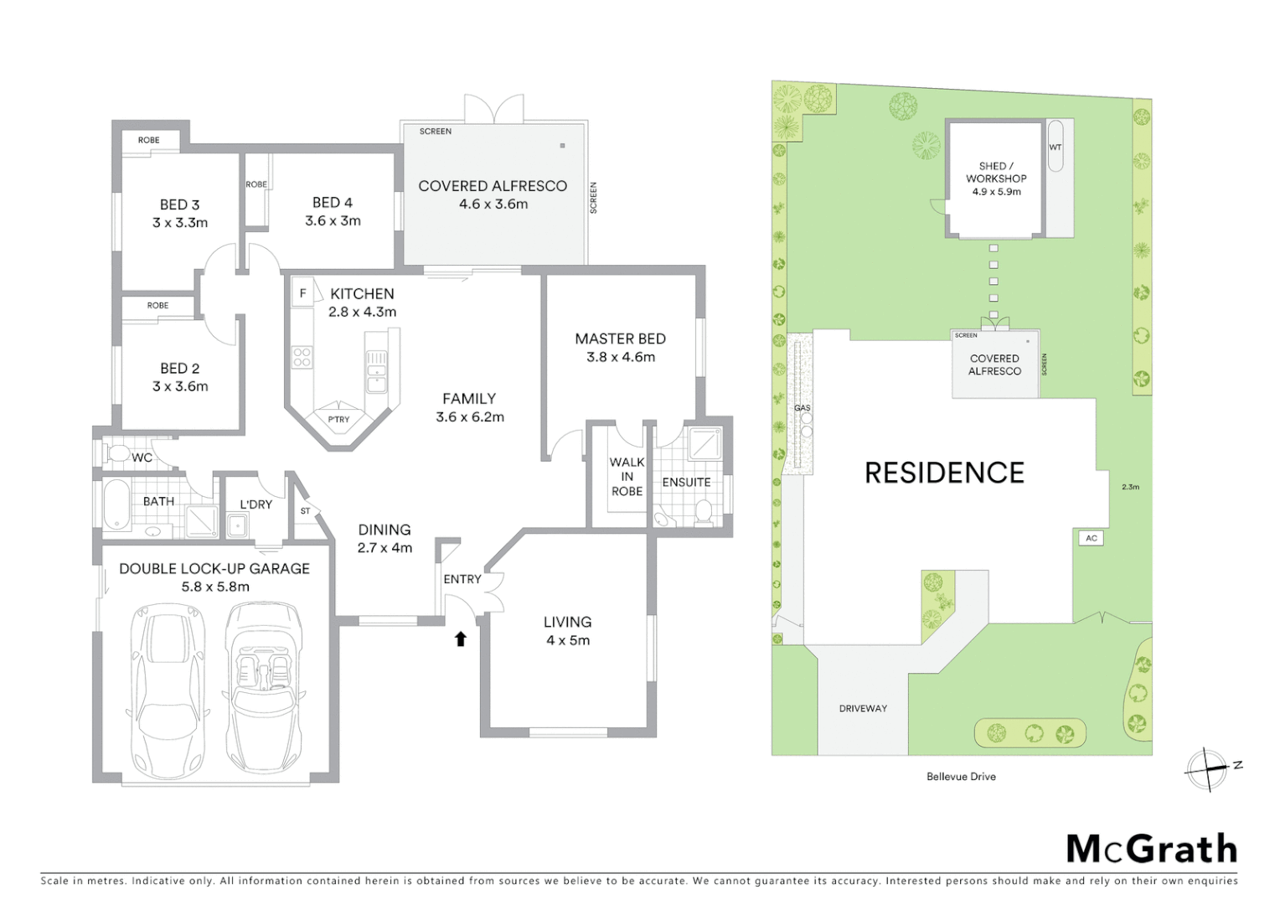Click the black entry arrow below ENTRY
[x=460, y=639]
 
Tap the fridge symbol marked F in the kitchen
[x=303, y=293]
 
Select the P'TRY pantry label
[x=338, y=420]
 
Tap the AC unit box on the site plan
[x=1091, y=539]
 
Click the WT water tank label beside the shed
[x=1055, y=147]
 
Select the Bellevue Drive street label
[x=961, y=777]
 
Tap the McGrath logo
[x=1151, y=849]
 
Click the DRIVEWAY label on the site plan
[x=863, y=709]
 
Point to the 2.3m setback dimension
[x=1130, y=487]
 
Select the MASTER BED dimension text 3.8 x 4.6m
[x=621, y=357]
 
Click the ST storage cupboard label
[x=305, y=511]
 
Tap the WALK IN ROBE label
[x=627, y=477]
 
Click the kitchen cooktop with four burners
[x=302, y=357]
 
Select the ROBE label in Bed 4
[x=256, y=184]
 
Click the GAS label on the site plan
[x=802, y=408]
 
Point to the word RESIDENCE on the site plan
[x=944, y=473]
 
